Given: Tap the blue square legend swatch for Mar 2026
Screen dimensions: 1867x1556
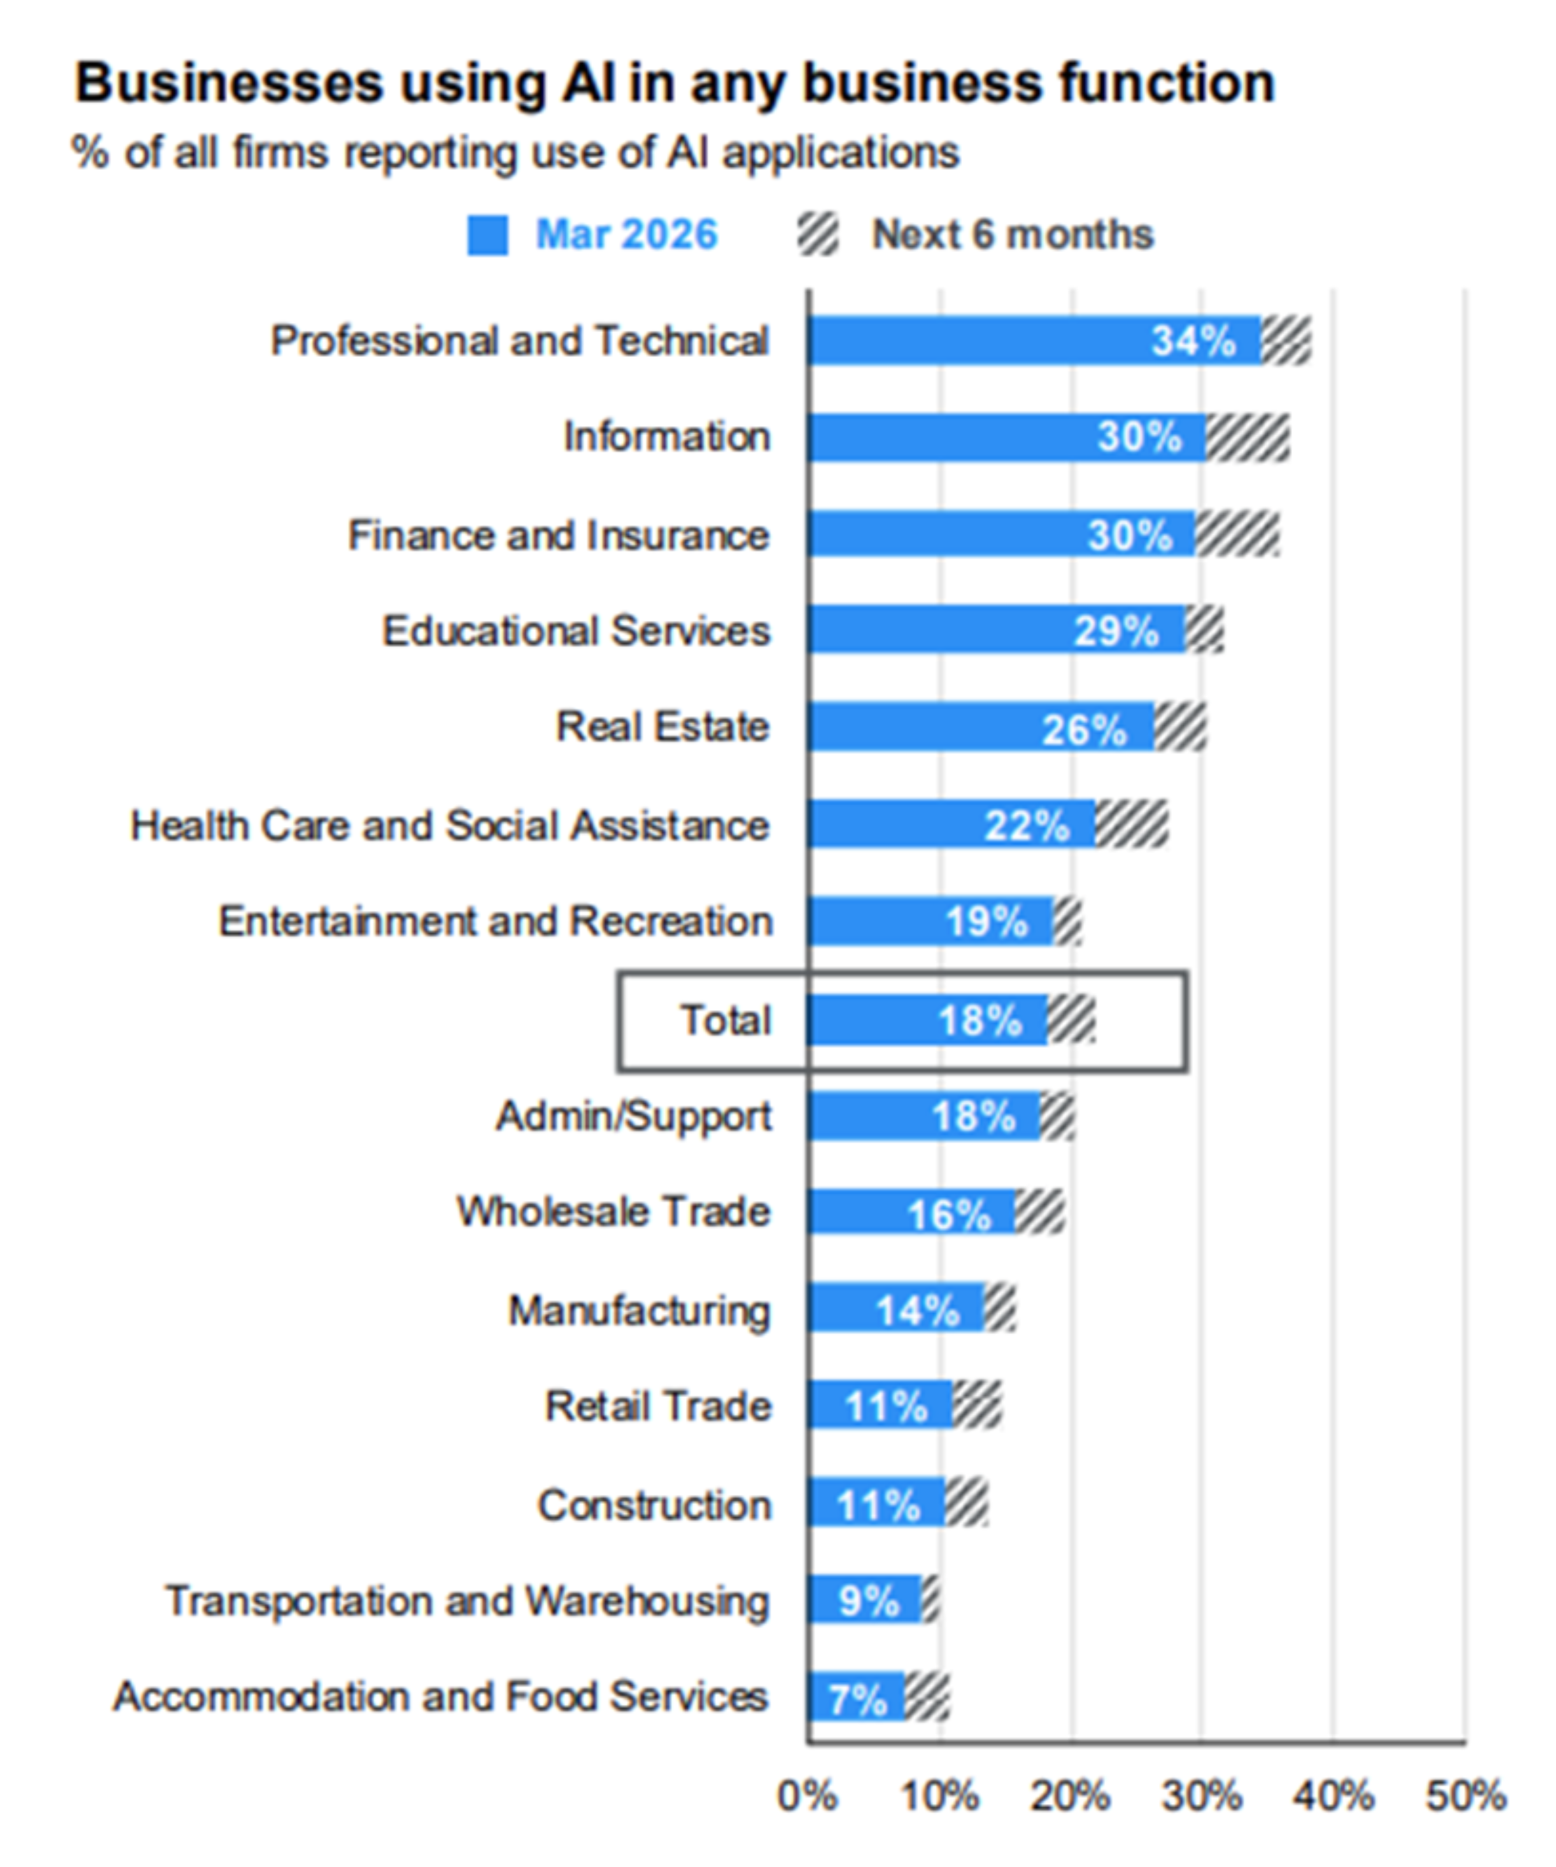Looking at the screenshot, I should pos(487,236).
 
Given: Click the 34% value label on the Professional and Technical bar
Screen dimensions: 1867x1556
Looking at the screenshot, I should pos(1193,340).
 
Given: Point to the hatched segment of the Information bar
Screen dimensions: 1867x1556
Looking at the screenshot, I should pos(1247,438).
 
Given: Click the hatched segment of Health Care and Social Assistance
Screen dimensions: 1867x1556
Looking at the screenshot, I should pos(1131,824).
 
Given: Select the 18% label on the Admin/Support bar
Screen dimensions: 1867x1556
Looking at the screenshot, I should pos(974,1117).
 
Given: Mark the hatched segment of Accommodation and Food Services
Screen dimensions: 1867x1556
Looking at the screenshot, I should pos(927,1697).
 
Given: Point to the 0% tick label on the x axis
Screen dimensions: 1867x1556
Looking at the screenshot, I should pos(806,1796).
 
